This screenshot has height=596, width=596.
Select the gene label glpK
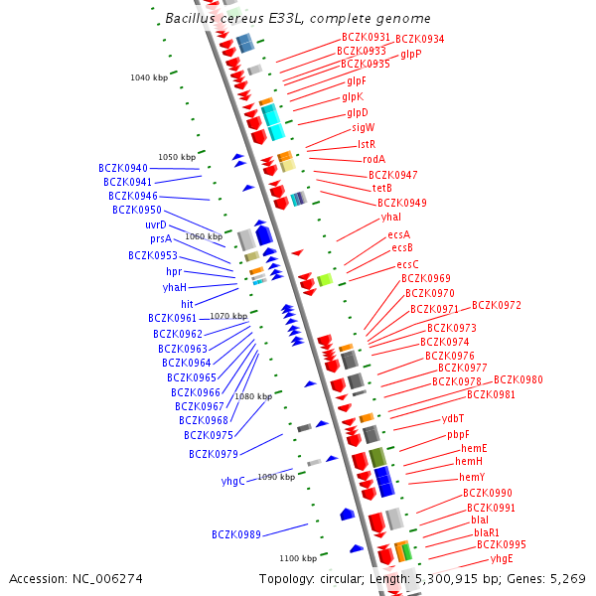pyautogui.click(x=353, y=97)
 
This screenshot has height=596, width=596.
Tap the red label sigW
pyautogui.click(x=364, y=128)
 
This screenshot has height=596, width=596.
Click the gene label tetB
pyautogui.click(x=382, y=189)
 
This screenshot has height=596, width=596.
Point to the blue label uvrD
pyautogui.click(x=156, y=225)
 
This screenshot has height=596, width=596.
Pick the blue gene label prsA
pyautogui.click(x=161, y=239)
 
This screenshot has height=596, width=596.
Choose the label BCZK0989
pyautogui.click(x=236, y=535)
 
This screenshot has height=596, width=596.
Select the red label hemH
pyautogui.click(x=469, y=462)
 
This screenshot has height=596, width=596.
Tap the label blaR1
pyautogui.click(x=487, y=532)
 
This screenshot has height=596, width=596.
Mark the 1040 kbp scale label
pyautogui.click(x=149, y=77)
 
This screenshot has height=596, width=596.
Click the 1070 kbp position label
pyautogui.click(x=228, y=316)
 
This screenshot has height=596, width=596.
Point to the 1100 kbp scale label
pyautogui.click(x=298, y=558)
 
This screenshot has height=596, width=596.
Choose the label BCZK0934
pyautogui.click(x=420, y=40)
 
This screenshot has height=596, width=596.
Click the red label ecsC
pyautogui.click(x=407, y=265)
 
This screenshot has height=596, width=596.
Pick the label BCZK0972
pyautogui.click(x=497, y=306)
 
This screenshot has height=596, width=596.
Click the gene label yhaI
pyautogui.click(x=390, y=218)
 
